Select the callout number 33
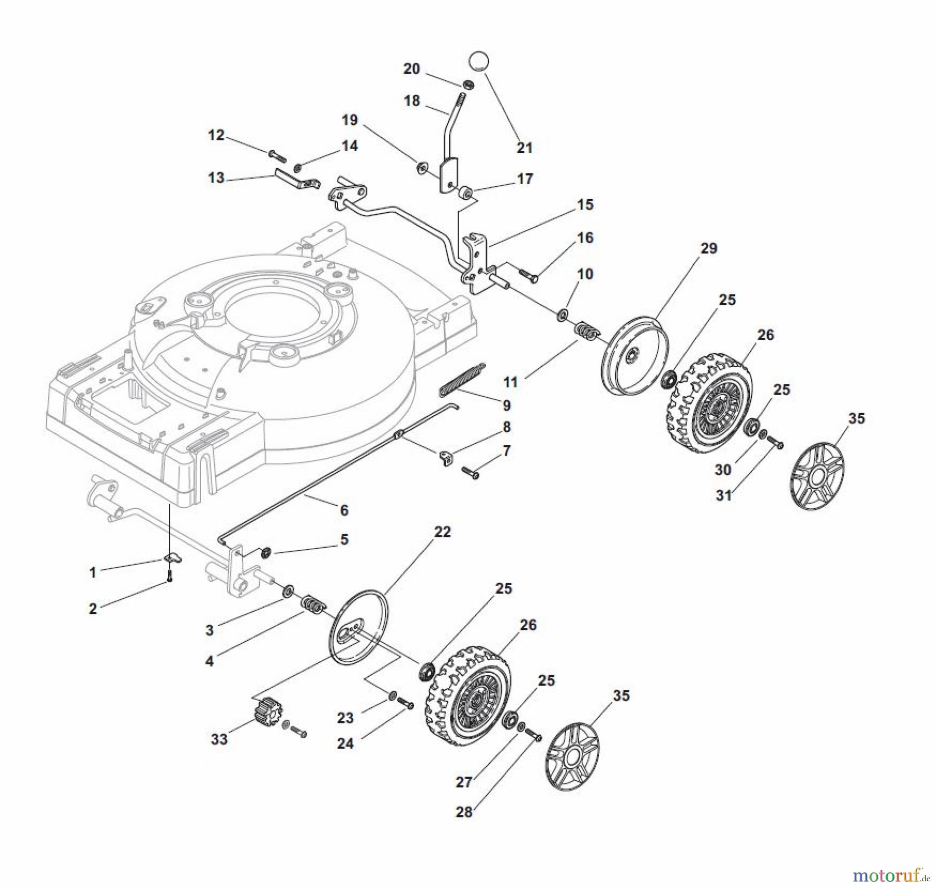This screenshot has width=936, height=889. (x=219, y=739)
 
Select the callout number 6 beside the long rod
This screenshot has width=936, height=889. (x=344, y=510)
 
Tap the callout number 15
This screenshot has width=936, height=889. (x=585, y=204)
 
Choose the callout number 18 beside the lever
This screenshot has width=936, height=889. (x=412, y=100)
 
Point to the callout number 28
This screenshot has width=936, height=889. (x=464, y=812)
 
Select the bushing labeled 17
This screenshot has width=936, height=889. (x=465, y=194)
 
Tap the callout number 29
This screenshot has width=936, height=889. (x=709, y=249)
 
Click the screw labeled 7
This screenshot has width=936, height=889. (x=470, y=473)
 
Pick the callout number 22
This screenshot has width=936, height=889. (x=443, y=532)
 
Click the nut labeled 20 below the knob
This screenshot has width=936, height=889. (x=468, y=85)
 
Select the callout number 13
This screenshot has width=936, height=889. (x=216, y=178)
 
